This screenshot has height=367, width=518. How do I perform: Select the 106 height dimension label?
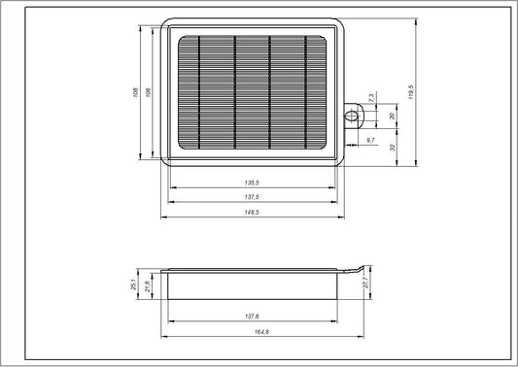(x=147, y=93)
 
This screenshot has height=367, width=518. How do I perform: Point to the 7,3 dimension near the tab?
(x=371, y=97)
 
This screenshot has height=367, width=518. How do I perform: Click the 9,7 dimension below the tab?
(x=370, y=142)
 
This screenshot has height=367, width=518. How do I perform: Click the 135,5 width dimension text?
(x=253, y=182)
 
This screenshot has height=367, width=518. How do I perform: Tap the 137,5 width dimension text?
(x=253, y=196)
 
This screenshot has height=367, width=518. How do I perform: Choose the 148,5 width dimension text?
(x=253, y=212)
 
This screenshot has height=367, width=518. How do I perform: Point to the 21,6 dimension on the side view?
(x=147, y=286)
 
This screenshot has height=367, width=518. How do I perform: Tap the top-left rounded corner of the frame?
(x=166, y=23)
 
